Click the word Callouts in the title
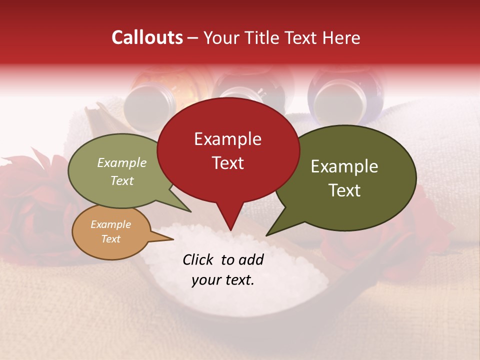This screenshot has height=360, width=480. coord(147,37)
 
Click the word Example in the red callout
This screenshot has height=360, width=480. coord(227,139)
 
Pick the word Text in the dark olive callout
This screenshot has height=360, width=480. coord(344,190)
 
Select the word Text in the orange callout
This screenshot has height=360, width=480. coord(110,239)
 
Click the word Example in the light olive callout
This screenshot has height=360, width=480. coord(121,162)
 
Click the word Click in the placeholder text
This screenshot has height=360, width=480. coord(199,259)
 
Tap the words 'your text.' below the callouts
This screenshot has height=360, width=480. coord(223,280)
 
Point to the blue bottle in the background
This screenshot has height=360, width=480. coord(332,97)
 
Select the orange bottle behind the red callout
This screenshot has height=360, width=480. coord(150,97)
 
